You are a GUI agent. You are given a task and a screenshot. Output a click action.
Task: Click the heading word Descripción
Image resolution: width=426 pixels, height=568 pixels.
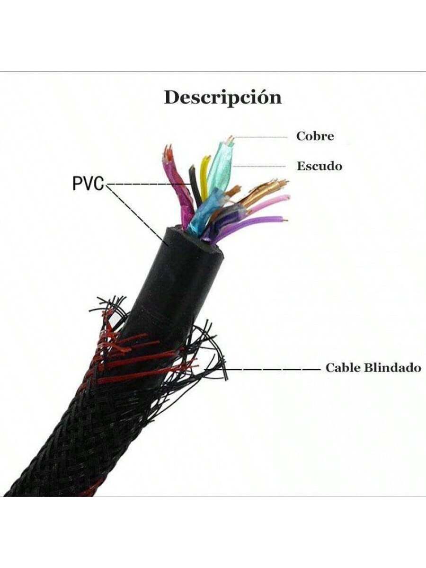pos(222,98)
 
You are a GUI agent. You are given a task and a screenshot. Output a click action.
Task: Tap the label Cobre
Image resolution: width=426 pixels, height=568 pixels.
pos(315,136)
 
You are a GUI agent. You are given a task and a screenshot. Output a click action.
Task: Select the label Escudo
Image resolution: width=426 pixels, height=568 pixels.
pos(319,166)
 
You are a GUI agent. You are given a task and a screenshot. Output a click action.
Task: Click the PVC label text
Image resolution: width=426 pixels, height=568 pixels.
pos(88,184)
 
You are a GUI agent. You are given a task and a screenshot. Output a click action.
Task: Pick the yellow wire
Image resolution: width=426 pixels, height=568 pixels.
pos(204,177)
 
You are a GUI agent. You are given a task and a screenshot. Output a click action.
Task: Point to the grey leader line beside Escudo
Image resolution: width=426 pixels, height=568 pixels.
pos(260,166)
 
